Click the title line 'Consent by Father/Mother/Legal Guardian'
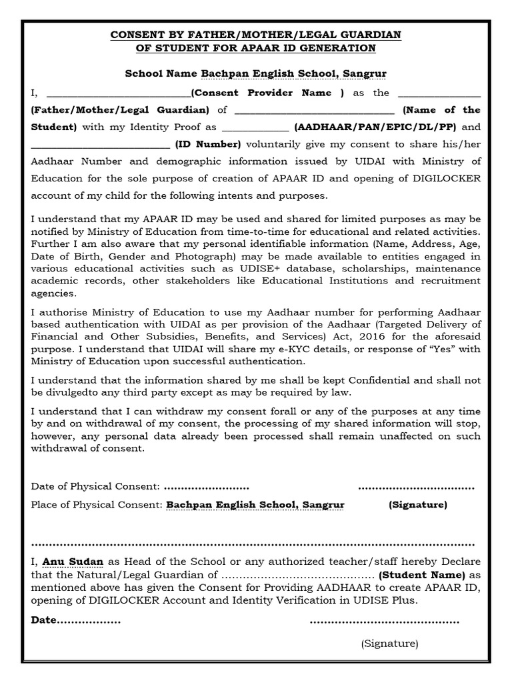pyautogui.click(x=256, y=34)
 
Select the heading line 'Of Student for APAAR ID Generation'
pyautogui.click(x=256, y=48)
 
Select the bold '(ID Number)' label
pyautogui.click(x=207, y=143)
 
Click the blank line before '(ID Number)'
pyautogui.click(x=100, y=145)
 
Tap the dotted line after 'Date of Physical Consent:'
pyautogui.click(x=206, y=486)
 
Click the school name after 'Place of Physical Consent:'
pyautogui.click(x=255, y=505)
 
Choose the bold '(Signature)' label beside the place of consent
pyautogui.click(x=418, y=505)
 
